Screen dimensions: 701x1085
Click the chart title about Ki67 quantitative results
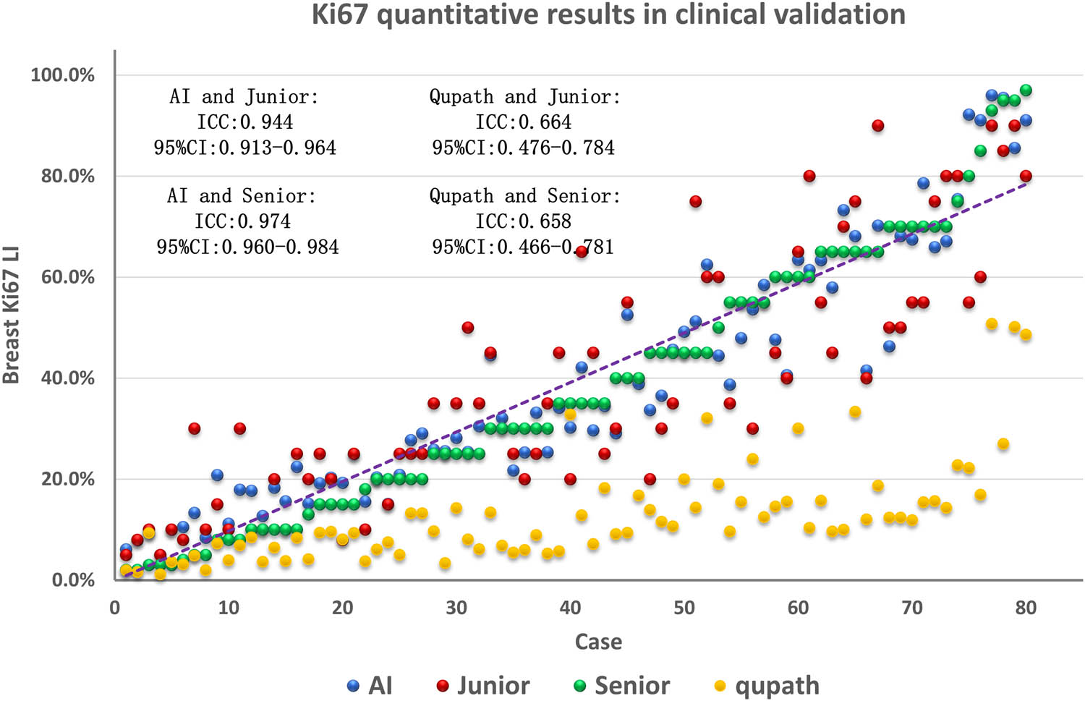pos(608,14)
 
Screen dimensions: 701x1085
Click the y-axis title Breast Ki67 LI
pos(11,315)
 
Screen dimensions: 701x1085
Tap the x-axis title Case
pos(597,642)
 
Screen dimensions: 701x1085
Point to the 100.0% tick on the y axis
pos(63,75)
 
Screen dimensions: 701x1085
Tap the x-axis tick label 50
pos(684,608)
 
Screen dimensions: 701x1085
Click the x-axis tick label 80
pos(1026,608)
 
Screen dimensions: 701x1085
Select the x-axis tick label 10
pos(229,608)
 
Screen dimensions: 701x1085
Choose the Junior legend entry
pos(483,685)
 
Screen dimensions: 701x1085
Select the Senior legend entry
pos(622,685)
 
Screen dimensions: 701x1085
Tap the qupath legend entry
pos(767,685)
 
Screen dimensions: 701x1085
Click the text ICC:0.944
pos(245,122)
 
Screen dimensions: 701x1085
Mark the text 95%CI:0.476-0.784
pos(524,148)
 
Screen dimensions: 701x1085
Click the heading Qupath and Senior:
pos(525,196)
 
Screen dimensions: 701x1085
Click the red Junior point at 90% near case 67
pos(877,126)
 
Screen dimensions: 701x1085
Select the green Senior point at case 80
pos(1026,90)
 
